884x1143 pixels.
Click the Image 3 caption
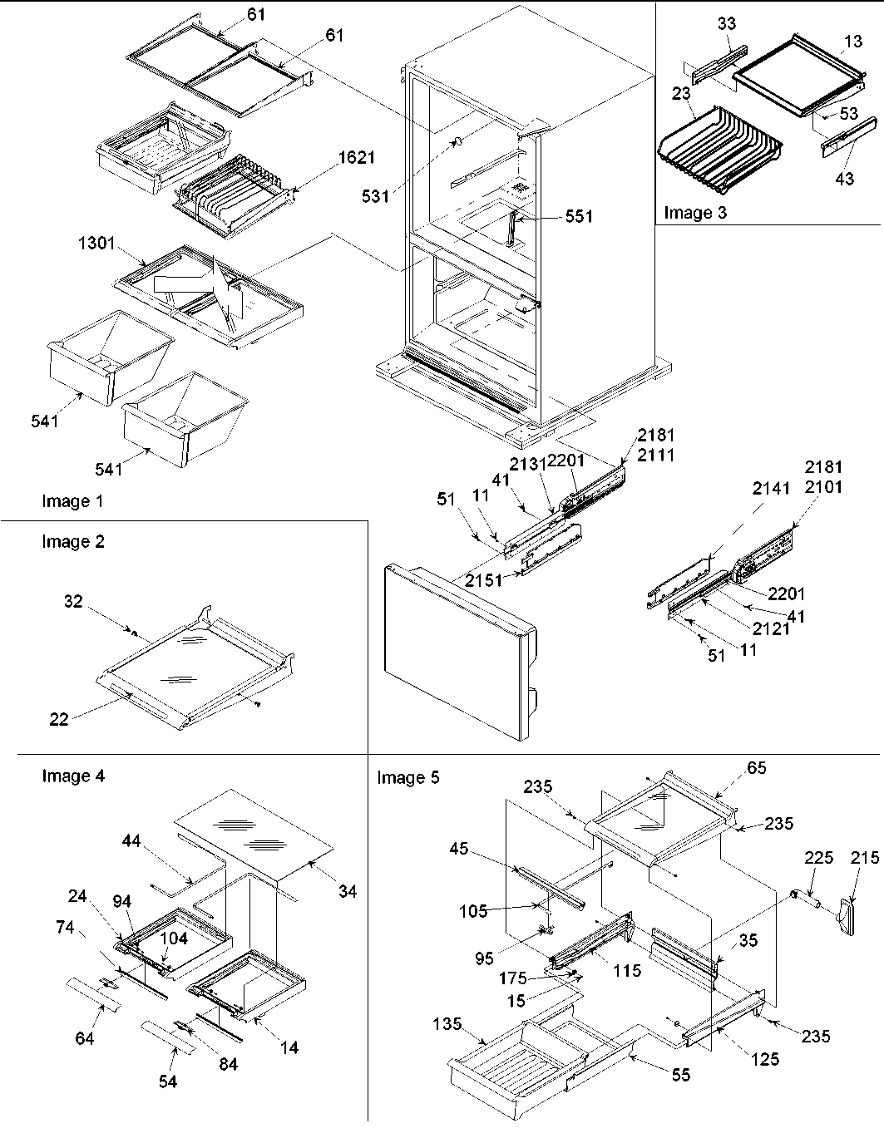click(694, 213)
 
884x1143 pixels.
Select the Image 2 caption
click(73, 542)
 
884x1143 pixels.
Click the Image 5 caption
click(407, 777)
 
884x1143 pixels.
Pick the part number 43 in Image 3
click(844, 179)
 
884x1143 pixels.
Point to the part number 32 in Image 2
click(73, 601)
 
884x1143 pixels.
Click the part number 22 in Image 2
click(58, 720)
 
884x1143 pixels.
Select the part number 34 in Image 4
click(348, 891)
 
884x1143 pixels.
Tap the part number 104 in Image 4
click(175, 938)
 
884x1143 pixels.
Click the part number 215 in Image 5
click(865, 857)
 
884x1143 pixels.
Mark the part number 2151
click(483, 580)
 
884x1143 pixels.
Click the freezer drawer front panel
click(453, 648)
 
